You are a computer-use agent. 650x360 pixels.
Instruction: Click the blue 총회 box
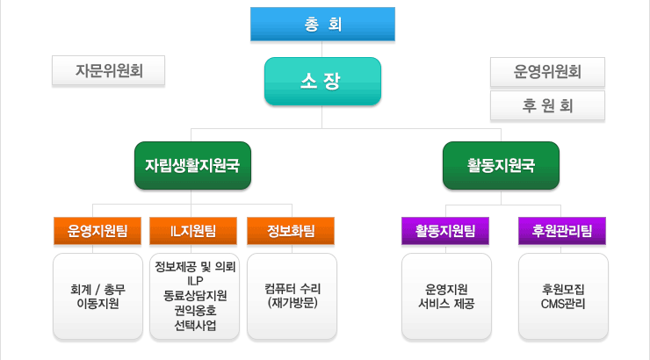click(x=322, y=24)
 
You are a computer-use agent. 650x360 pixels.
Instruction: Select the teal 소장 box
click(x=322, y=81)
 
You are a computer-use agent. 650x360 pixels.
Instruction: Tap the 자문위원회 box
click(x=108, y=70)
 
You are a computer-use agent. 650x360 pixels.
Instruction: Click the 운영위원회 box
click(x=547, y=72)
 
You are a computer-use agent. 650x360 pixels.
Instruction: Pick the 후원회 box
click(x=547, y=105)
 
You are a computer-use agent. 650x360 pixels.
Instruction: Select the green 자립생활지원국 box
click(x=192, y=165)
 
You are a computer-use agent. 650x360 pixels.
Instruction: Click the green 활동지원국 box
click(x=501, y=165)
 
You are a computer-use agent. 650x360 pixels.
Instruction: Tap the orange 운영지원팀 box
click(x=97, y=231)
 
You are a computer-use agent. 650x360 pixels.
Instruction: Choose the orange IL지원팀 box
click(x=193, y=231)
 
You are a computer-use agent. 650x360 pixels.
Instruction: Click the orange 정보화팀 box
click(x=291, y=231)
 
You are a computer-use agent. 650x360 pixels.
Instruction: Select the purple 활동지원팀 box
click(x=445, y=231)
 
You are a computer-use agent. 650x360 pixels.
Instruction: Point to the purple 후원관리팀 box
click(x=562, y=231)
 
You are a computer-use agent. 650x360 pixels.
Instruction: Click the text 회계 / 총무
click(x=97, y=289)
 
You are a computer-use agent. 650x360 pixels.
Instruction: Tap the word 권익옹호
click(x=195, y=310)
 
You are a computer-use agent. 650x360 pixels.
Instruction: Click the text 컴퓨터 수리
click(x=292, y=288)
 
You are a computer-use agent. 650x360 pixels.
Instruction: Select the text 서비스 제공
click(x=446, y=304)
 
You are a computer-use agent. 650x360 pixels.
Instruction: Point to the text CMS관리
click(x=563, y=304)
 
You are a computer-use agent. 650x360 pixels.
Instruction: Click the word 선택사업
click(x=195, y=325)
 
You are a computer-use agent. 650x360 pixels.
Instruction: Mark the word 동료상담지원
click(x=195, y=295)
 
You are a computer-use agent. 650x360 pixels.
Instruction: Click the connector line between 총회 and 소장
click(x=322, y=49)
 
